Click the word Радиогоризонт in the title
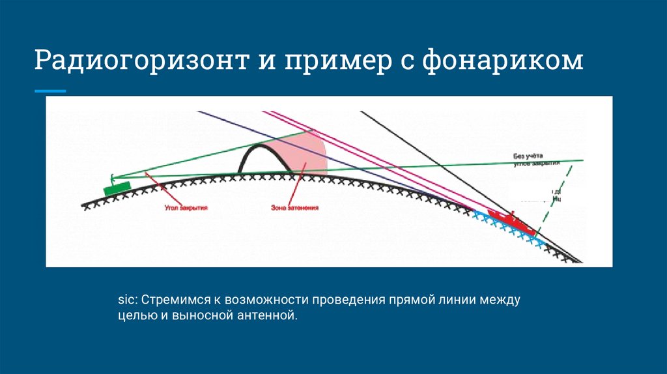(x=138, y=62)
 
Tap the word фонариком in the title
(x=502, y=62)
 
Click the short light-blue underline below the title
(x=50, y=91)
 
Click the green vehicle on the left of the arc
(x=117, y=188)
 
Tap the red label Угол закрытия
(x=186, y=207)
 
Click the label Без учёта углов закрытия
(x=536, y=160)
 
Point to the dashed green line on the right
(x=560, y=189)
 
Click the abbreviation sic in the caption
(x=125, y=300)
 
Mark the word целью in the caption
(x=134, y=317)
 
